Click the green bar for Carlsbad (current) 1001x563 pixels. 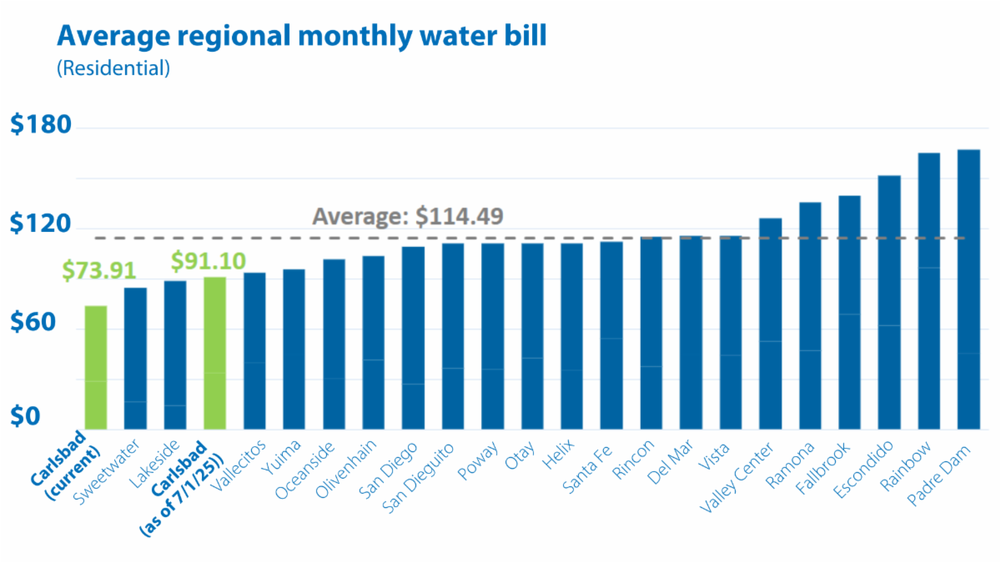coord(96,368)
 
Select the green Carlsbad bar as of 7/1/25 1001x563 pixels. coord(215,354)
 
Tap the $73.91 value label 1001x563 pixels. coord(98,271)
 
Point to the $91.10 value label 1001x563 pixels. coord(208,261)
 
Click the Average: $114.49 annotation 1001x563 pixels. coord(408,216)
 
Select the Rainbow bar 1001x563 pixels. coord(929,291)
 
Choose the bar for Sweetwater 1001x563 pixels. coord(135,359)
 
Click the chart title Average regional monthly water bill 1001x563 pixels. coord(302,37)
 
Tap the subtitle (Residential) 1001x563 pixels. coord(113,68)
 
